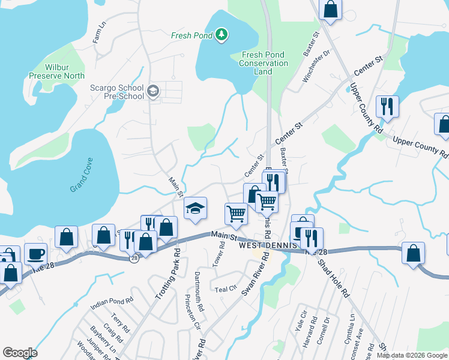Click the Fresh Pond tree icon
pyautogui.click(x=222, y=35)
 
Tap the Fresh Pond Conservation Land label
pyautogui.click(x=264, y=63)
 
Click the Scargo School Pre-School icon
pyautogui.click(x=152, y=91)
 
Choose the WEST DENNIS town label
pyautogui.click(x=265, y=246)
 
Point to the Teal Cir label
pyautogui.click(x=225, y=289)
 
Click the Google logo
pyautogui.click(x=20, y=353)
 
